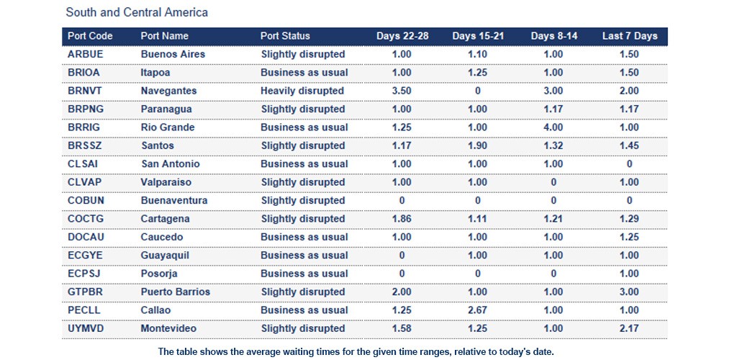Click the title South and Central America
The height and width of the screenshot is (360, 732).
tap(137, 13)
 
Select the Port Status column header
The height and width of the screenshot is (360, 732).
tap(285, 36)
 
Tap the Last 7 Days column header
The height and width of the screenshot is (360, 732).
tap(630, 36)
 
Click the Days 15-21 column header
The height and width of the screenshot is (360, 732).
tap(478, 36)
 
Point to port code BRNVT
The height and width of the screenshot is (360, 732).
tap(85, 91)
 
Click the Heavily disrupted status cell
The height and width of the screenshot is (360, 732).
tap(302, 91)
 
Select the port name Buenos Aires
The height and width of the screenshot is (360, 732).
tap(173, 55)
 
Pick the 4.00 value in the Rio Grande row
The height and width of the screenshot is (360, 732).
tap(553, 127)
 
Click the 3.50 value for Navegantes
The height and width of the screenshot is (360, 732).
tap(402, 91)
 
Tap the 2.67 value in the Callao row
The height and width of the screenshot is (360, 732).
tap(478, 310)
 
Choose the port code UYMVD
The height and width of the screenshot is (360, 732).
tap(86, 329)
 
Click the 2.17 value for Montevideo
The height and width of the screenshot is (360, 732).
tap(629, 329)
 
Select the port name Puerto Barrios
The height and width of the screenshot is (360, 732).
tap(176, 292)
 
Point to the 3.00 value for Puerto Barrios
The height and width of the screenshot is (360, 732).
tap(629, 292)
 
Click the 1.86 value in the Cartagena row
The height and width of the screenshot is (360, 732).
tap(402, 219)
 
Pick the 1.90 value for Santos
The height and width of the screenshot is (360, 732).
tap(478, 146)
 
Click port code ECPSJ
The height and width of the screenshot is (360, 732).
tap(84, 274)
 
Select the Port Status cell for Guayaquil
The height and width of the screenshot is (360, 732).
tap(304, 256)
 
